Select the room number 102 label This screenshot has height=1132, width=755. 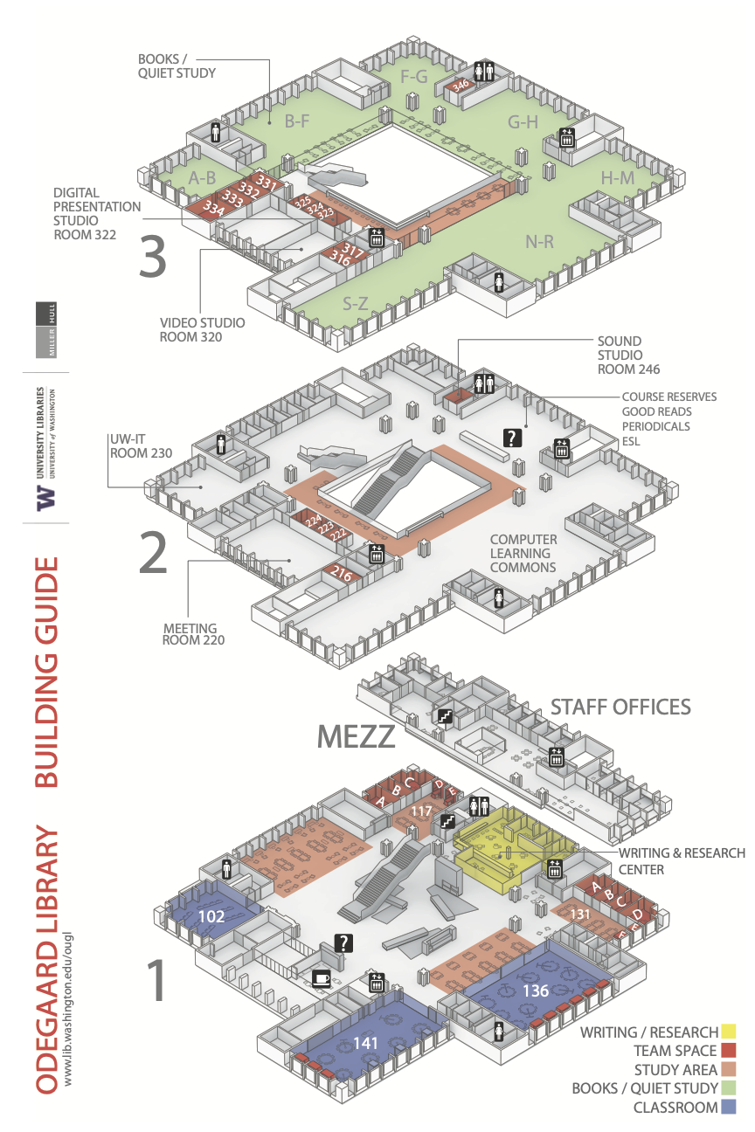[x=211, y=916]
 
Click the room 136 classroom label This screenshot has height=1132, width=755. [x=536, y=990]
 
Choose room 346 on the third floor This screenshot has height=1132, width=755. [x=461, y=85]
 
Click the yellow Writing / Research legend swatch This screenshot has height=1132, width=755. [x=729, y=1032]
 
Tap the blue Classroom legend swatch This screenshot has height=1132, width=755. [x=729, y=1108]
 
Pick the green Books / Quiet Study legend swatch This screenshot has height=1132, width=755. [x=729, y=1088]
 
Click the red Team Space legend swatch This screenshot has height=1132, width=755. [x=729, y=1051]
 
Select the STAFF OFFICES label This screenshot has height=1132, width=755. [x=620, y=706]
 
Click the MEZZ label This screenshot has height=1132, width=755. [x=356, y=736]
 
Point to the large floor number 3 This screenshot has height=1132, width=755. [x=153, y=258]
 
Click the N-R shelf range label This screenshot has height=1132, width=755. [x=539, y=242]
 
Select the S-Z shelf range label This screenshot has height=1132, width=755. [x=354, y=304]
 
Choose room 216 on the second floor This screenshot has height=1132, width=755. [x=342, y=574]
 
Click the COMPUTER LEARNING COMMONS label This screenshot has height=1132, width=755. [x=523, y=553]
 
